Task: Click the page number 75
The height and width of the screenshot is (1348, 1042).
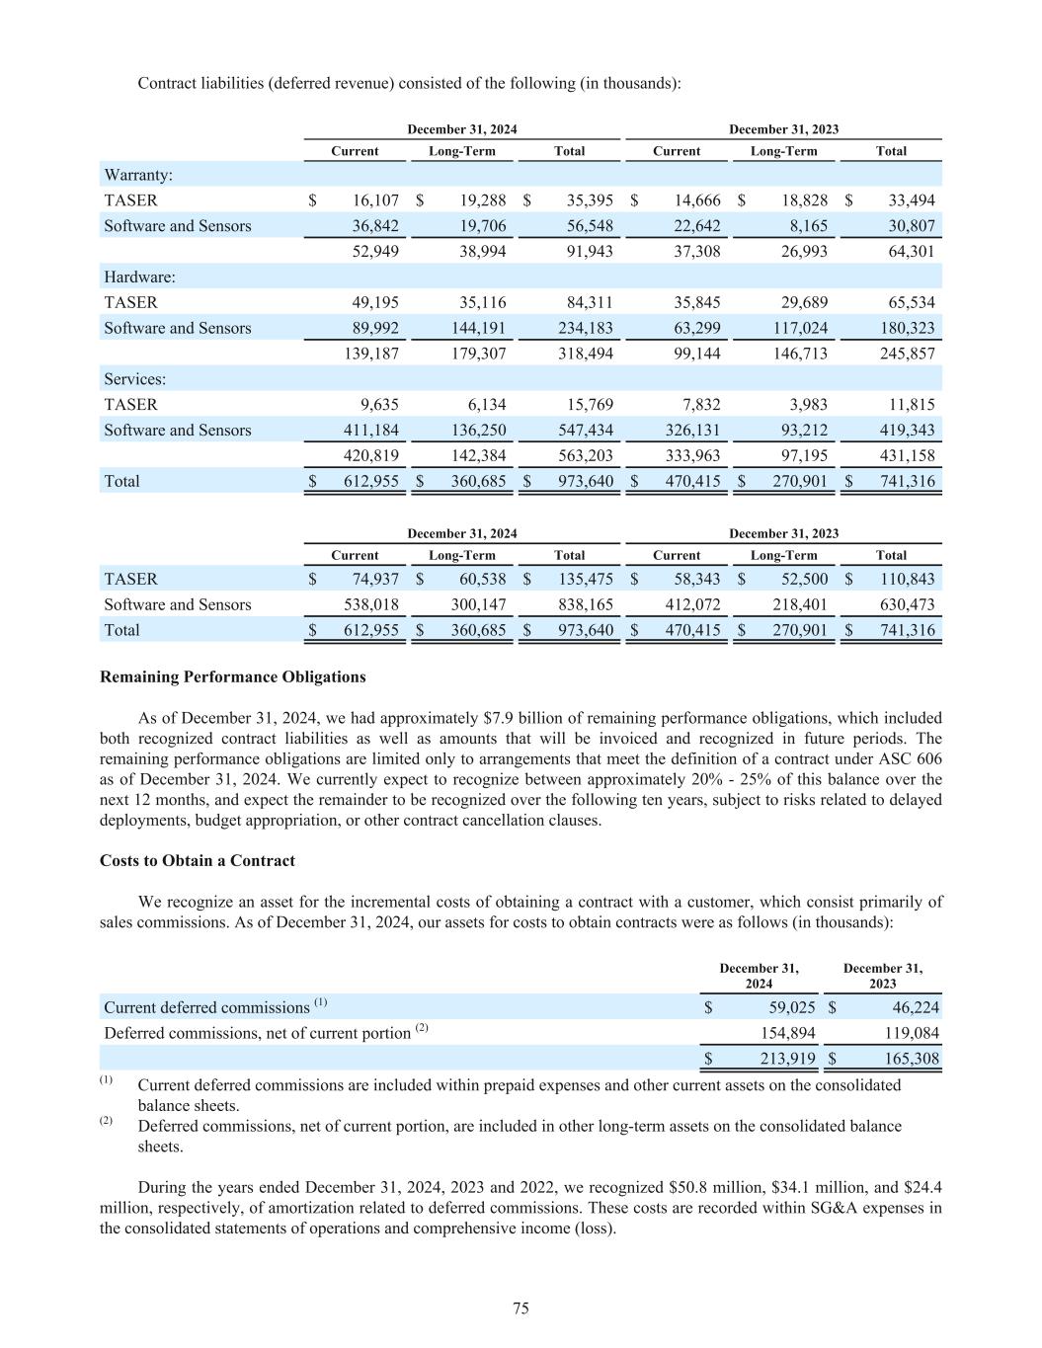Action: coord(521,1308)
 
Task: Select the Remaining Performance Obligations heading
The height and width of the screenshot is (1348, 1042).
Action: coord(233,676)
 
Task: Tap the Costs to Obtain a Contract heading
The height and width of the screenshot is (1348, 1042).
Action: coord(198,860)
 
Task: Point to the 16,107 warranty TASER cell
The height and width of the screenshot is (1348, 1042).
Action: coord(375,200)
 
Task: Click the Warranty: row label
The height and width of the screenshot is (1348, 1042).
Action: coord(138,175)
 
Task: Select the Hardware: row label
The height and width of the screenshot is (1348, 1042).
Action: coord(139,277)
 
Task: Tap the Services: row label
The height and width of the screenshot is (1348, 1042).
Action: coord(135,378)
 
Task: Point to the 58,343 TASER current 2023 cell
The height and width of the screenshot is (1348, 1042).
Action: coord(697,579)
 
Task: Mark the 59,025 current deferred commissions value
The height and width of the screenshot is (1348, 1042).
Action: coord(791,1007)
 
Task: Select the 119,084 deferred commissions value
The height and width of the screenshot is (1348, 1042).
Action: coord(915,1033)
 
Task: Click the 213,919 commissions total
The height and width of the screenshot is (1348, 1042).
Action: coord(791,1059)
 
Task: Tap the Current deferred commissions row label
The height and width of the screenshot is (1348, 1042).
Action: coord(206,1007)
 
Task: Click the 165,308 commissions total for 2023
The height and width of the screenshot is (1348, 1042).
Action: coord(915,1059)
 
